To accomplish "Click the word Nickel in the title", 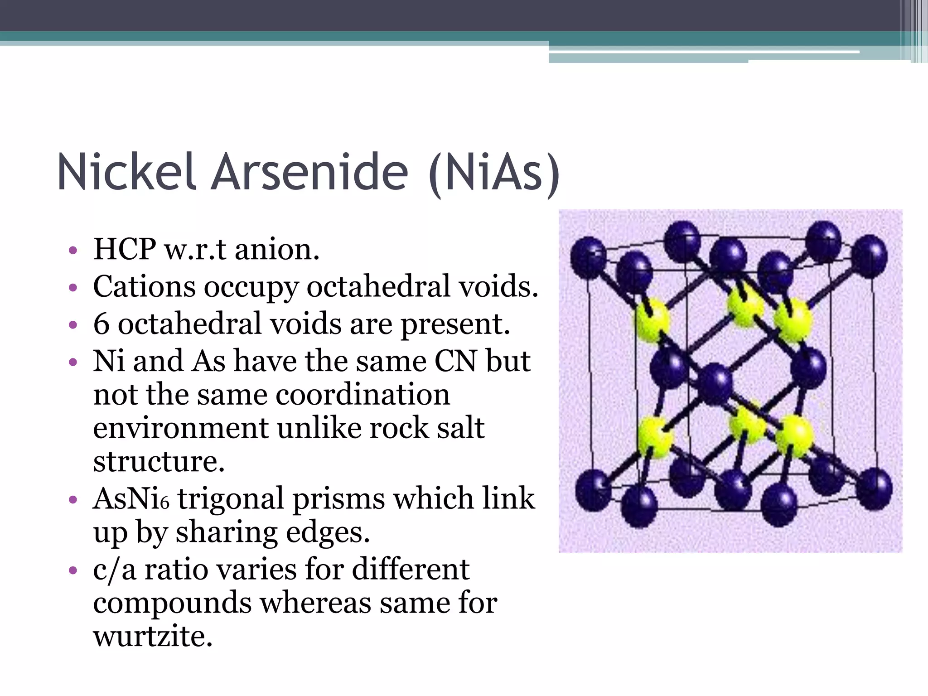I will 127,172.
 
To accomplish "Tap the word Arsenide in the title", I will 310,172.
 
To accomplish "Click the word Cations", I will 144,286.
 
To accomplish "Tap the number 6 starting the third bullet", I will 101,324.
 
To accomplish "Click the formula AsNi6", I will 131,498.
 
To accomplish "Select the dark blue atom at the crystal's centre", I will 715,384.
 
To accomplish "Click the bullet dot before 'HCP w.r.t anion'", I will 73,250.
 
